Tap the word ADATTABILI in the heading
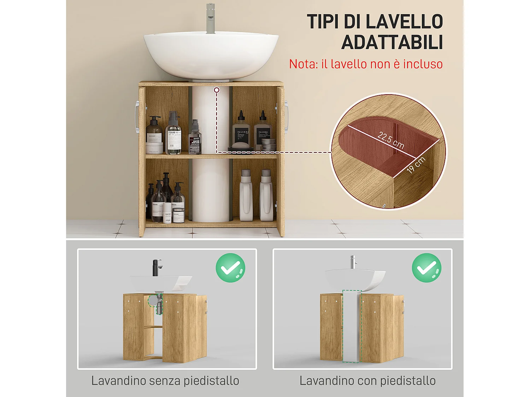tap(392, 43)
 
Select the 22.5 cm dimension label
tap(391, 140)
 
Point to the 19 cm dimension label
tap(416, 165)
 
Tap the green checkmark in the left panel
tap(230, 268)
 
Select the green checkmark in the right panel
tap(426, 268)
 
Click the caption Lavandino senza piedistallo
tap(165, 381)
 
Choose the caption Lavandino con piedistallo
tap(367, 381)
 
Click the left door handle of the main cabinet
tap(136, 117)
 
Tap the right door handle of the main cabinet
tap(286, 117)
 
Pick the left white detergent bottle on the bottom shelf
tap(246, 196)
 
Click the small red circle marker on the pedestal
tap(217, 90)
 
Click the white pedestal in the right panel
tap(351, 326)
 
